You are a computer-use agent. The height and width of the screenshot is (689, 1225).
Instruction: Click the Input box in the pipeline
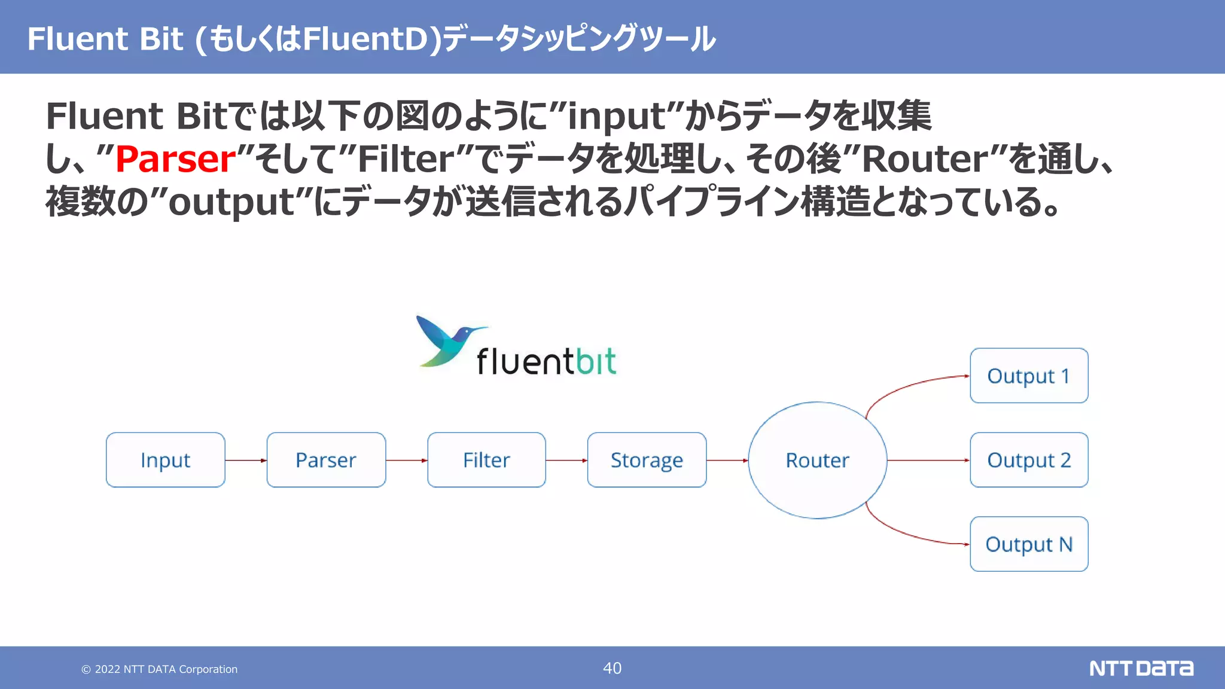[166, 460]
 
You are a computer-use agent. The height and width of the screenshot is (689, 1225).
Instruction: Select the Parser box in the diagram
[326, 460]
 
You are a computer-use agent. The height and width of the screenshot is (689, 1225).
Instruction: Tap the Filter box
[486, 460]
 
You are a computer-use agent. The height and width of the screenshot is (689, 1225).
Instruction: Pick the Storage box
[647, 460]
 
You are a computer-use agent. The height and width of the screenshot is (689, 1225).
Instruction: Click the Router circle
[817, 460]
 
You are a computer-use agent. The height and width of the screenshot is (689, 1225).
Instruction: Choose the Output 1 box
[1029, 376]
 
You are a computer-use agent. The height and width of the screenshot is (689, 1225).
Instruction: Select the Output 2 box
[1029, 460]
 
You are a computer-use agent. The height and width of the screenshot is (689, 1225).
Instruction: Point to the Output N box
[1029, 544]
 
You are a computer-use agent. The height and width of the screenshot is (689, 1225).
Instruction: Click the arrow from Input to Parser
[246, 461]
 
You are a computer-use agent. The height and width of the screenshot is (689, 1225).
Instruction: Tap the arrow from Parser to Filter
[407, 461]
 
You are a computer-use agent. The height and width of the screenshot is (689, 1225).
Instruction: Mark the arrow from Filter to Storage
[566, 461]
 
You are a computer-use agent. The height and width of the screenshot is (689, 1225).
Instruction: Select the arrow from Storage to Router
[727, 461]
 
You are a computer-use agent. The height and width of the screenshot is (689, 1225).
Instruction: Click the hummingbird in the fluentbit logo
[446, 341]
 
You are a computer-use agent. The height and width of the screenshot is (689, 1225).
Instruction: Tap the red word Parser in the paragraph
[176, 159]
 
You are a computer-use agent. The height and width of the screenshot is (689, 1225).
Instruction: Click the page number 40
[612, 668]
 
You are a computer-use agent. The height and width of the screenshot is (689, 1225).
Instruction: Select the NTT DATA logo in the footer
[1141, 668]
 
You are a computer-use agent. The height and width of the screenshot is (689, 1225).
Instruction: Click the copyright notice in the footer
[160, 669]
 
